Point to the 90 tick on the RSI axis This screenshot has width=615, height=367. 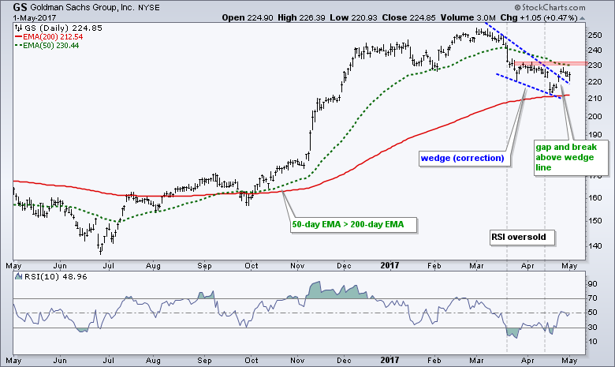click(591, 283)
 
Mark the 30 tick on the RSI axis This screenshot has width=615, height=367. click(591, 328)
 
